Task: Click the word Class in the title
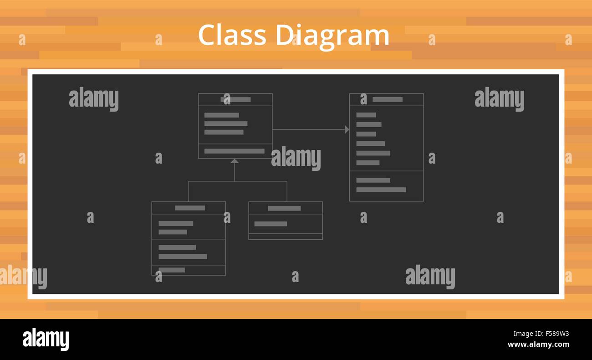click(x=232, y=35)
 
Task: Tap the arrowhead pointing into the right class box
click(x=347, y=129)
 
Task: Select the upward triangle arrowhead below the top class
click(x=235, y=161)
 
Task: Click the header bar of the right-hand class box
click(x=387, y=99)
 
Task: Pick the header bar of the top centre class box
click(x=235, y=99)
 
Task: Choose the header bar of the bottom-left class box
click(x=189, y=208)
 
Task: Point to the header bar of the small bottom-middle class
click(x=284, y=208)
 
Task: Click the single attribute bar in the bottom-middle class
click(x=270, y=224)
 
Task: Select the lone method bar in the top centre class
click(x=234, y=151)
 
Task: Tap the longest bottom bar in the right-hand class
click(x=381, y=190)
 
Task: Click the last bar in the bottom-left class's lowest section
click(x=172, y=270)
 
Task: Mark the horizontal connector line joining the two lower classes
click(x=238, y=181)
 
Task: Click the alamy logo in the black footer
click(x=46, y=339)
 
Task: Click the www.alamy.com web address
click(x=538, y=345)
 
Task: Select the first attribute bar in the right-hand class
click(x=366, y=115)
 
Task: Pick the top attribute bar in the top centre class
click(x=221, y=115)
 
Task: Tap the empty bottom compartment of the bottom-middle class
click(x=286, y=237)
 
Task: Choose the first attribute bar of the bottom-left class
click(x=176, y=223)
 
